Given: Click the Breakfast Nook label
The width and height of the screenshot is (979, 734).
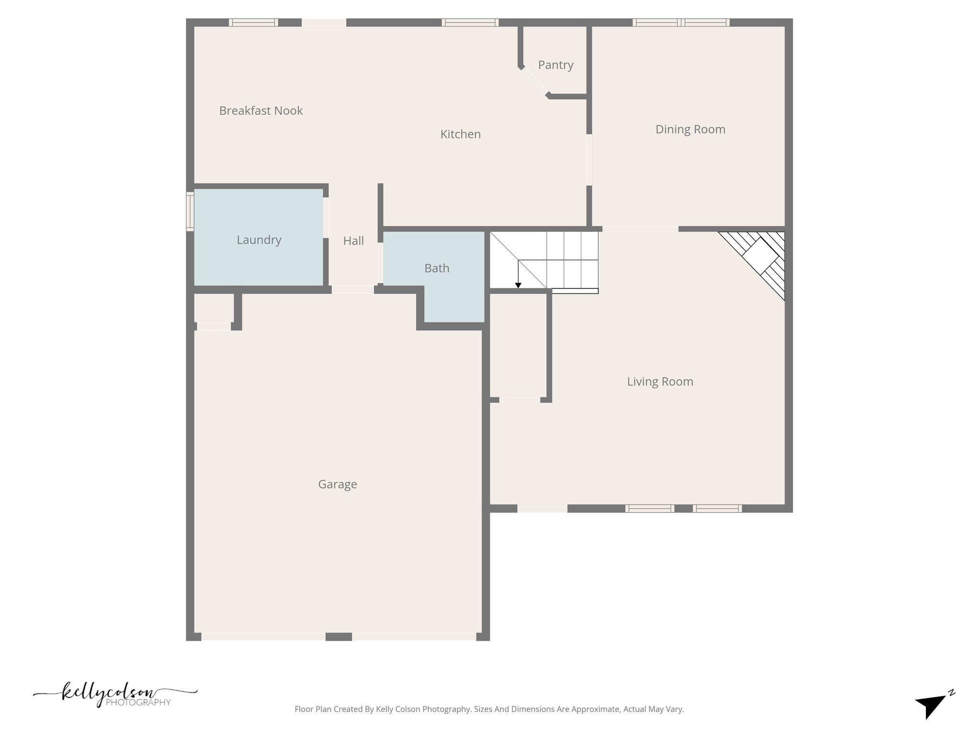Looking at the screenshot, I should click(261, 111).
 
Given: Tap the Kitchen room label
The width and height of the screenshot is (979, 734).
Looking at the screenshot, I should click(460, 134).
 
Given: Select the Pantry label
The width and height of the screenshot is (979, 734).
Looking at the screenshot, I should click(555, 65).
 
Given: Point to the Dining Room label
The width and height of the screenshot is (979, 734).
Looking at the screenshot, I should click(690, 130).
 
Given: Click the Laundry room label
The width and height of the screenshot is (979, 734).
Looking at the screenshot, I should click(259, 240).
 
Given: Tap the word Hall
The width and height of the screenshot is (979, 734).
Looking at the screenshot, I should click(353, 241).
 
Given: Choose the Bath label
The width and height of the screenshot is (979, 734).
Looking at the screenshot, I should click(436, 269).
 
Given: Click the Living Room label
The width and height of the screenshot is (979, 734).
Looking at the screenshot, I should click(660, 382).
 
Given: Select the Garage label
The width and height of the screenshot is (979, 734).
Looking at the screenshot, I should click(337, 485).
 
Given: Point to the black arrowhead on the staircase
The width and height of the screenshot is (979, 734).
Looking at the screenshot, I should click(518, 285).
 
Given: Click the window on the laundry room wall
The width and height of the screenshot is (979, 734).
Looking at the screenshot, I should click(190, 212).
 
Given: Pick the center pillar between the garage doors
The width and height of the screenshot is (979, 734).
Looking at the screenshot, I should click(338, 637).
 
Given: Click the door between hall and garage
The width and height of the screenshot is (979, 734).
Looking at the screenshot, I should click(353, 290).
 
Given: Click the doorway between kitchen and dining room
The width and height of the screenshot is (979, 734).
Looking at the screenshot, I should click(589, 160).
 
